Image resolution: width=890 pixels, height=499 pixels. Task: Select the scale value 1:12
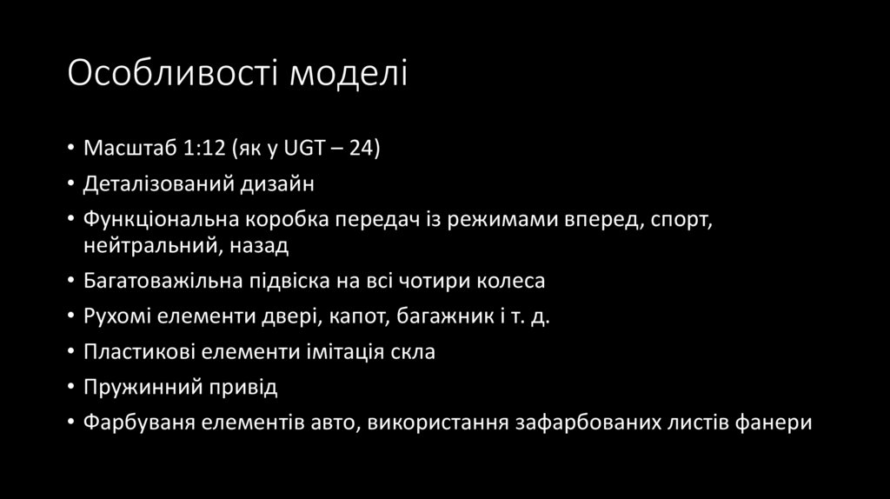point(203,148)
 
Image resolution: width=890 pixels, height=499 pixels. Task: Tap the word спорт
point(681,220)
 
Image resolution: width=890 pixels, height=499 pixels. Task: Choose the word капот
point(357,317)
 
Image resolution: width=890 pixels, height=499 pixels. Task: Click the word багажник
point(438,317)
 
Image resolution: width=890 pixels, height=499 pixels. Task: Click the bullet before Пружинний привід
point(71,389)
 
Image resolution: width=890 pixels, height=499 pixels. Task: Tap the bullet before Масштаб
point(71,148)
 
